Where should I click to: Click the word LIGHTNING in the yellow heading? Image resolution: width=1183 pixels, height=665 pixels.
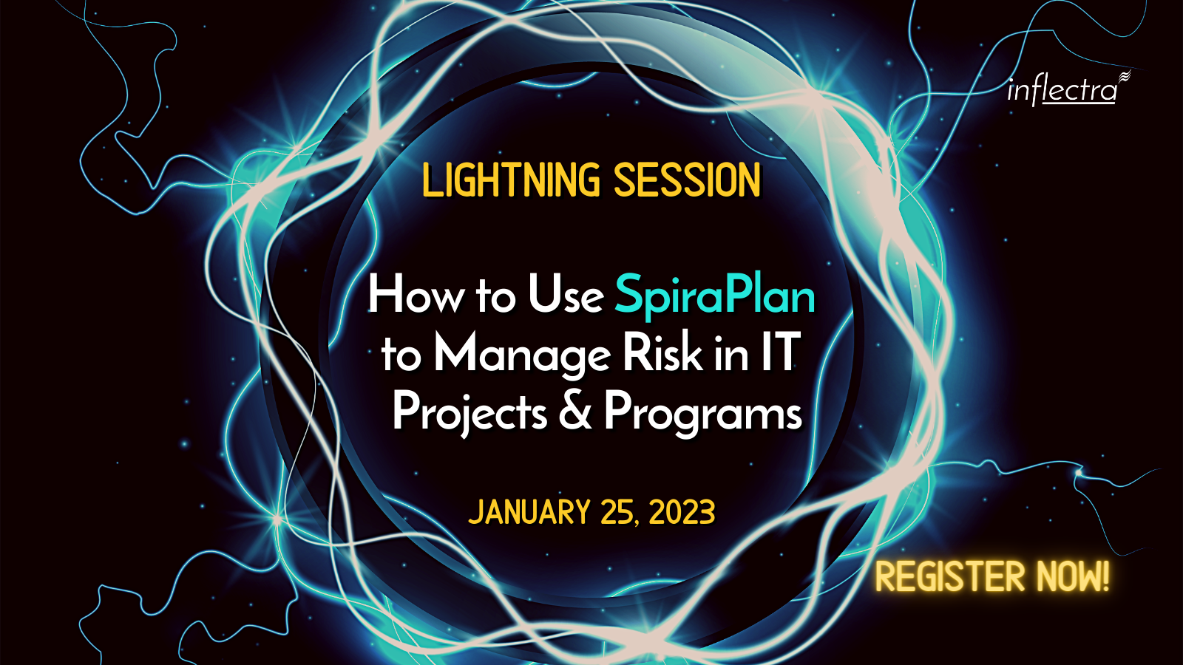click(511, 180)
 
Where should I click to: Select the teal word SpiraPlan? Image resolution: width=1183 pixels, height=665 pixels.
click(715, 296)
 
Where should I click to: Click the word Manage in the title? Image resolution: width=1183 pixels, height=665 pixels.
click(523, 355)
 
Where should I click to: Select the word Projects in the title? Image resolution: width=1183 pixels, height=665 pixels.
click(470, 413)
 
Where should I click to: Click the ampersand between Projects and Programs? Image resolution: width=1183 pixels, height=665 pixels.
click(575, 411)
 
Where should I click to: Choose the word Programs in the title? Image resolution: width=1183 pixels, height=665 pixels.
click(703, 413)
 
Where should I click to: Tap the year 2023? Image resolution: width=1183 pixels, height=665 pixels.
click(682, 512)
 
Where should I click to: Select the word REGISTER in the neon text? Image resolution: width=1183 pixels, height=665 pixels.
click(950, 576)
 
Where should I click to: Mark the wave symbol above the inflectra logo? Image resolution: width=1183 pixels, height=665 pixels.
click(1124, 77)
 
